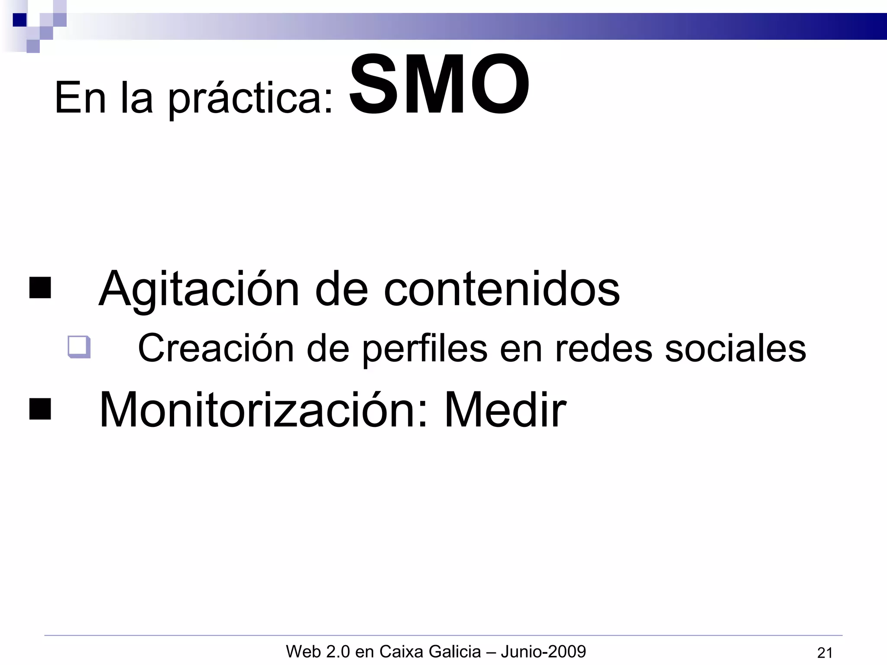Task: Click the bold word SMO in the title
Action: [x=439, y=85]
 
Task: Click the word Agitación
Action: [x=199, y=289]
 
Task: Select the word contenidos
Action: [x=502, y=289]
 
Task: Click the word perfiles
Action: [x=425, y=349]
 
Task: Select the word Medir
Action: [x=505, y=410]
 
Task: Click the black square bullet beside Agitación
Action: [x=40, y=288]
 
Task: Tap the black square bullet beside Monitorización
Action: [x=40, y=409]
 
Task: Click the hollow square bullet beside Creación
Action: [x=79, y=347]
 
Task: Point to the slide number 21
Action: [x=825, y=652]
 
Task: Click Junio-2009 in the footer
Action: [x=543, y=651]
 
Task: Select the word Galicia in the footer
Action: [x=454, y=651]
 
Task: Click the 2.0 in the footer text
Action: [x=338, y=651]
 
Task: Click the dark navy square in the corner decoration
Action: [x=19, y=20]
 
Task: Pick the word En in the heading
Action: [x=80, y=99]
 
